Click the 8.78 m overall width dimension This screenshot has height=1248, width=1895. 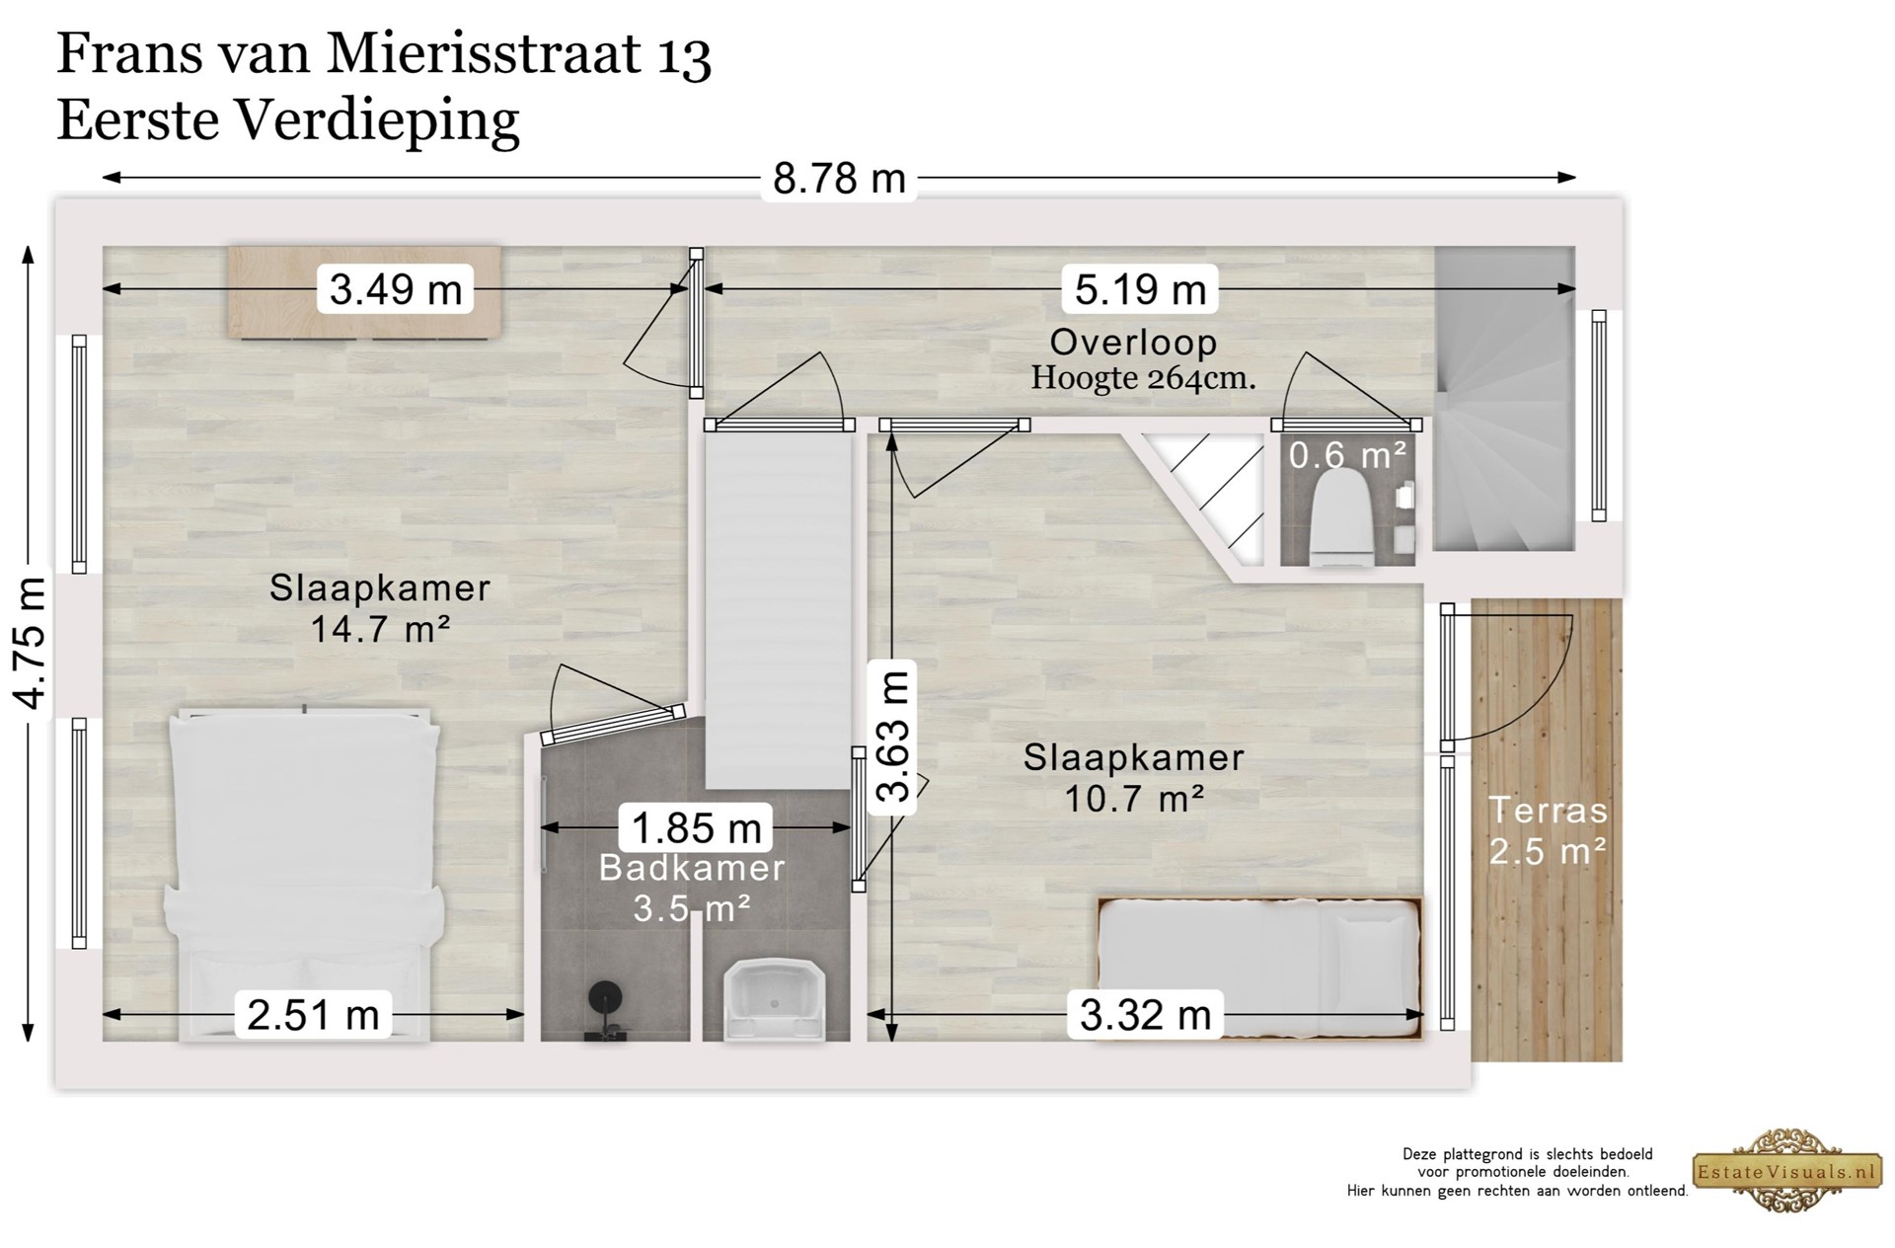tap(839, 179)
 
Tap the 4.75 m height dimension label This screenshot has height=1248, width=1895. tap(31, 643)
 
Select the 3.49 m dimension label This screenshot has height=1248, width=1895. tap(395, 289)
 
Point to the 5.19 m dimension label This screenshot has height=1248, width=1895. tap(1140, 289)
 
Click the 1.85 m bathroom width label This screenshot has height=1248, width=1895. tap(696, 827)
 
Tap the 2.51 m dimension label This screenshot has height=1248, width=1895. tap(313, 1014)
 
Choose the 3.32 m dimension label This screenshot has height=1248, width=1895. tap(1145, 1014)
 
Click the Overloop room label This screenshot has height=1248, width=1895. tap(1133, 343)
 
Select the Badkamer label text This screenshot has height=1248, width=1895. tap(692, 868)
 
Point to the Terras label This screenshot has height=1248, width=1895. tap(1548, 811)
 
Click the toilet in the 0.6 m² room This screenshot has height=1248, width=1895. tap(1341, 518)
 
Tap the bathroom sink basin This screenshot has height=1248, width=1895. tap(775, 999)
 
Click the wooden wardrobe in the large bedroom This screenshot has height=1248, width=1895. tap(364, 293)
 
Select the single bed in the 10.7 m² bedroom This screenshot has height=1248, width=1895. tap(1260, 968)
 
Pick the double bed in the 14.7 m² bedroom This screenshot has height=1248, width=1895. tap(304, 874)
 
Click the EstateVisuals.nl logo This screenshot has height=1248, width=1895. tap(1784, 1172)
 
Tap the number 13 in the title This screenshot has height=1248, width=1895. tap(682, 55)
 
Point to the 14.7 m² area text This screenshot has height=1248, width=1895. tap(380, 629)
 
